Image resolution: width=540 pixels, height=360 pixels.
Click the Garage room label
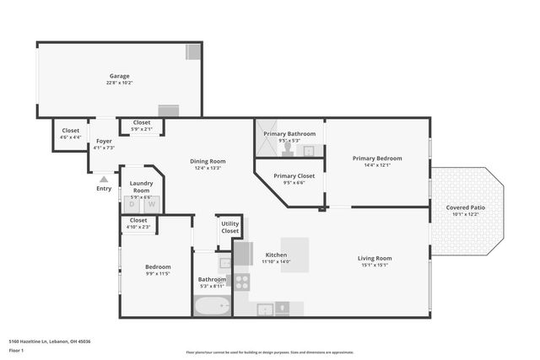[118, 76]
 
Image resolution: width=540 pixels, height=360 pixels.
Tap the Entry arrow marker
[104, 179]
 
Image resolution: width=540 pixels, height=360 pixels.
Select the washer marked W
[152, 204]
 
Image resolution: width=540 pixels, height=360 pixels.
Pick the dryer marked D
[132, 204]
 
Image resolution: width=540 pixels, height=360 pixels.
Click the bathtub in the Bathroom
[210, 306]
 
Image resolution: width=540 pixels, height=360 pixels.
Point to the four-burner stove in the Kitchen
[242, 282]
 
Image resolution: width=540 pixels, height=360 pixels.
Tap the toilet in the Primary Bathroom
[289, 149]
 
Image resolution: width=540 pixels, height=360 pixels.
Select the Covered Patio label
[466, 207]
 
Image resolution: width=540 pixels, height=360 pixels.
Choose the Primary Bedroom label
[377, 159]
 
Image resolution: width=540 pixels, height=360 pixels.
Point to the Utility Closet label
[229, 227]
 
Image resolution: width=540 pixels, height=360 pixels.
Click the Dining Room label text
[207, 161]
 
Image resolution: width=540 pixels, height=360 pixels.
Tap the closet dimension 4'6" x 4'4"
[70, 137]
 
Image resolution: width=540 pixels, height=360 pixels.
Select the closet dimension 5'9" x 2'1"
[142, 129]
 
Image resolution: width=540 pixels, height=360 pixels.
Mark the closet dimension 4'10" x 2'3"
[138, 227]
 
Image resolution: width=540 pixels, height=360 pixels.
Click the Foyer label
[104, 141]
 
